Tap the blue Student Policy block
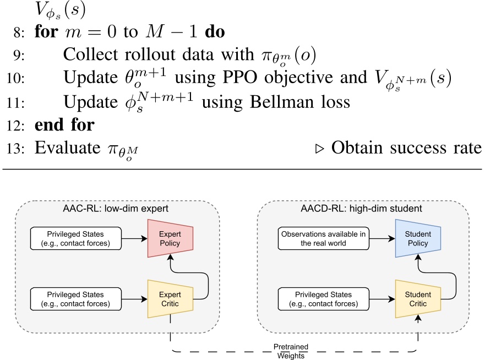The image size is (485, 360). (x=418, y=238)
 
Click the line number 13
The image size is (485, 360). (x=17, y=149)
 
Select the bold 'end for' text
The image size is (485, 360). (x=64, y=126)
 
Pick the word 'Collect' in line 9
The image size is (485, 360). (x=88, y=55)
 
